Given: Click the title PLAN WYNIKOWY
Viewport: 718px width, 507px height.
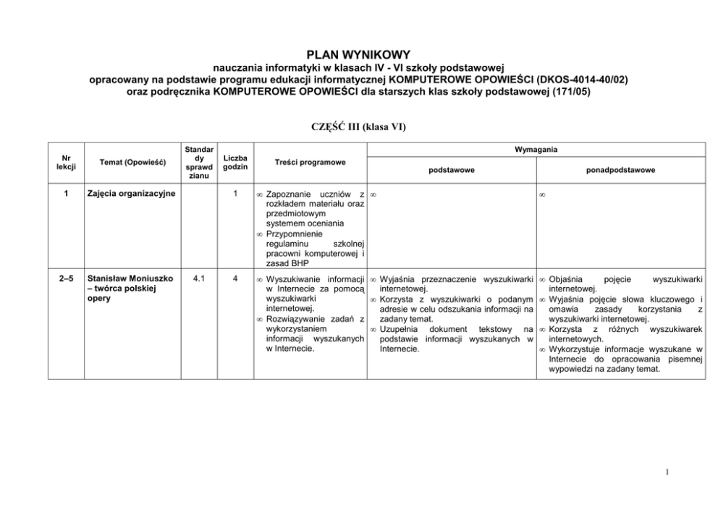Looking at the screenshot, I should pyautogui.click(x=358, y=54).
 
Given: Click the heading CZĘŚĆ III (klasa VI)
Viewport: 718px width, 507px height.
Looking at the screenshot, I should pyautogui.click(x=358, y=127).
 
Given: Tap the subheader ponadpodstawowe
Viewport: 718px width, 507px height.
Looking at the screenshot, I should pyautogui.click(x=620, y=171).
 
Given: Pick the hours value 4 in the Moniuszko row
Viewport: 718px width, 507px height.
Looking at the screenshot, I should pyautogui.click(x=235, y=277).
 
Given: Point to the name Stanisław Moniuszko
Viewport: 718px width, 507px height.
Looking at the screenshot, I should pyautogui.click(x=130, y=277).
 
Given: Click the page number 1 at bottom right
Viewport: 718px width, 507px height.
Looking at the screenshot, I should pyautogui.click(x=667, y=474).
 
